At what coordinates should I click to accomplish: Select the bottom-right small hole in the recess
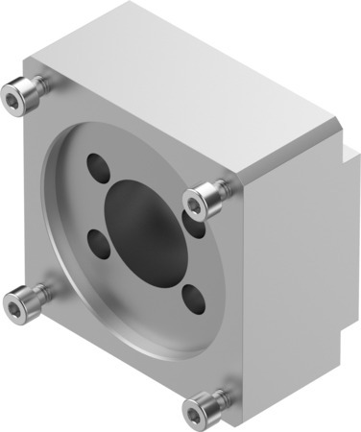190,297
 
